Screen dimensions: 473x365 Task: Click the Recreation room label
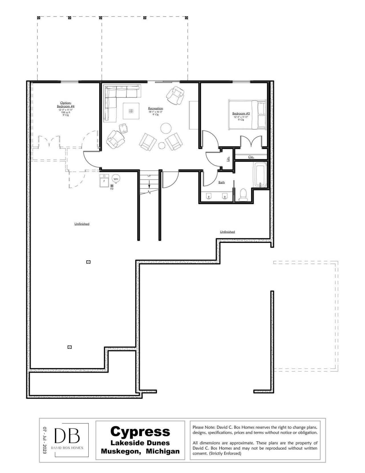click(155, 108)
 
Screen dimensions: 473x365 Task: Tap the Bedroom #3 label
click(241, 114)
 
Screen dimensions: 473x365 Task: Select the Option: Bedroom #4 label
click(66, 104)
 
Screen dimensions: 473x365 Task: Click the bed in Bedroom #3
click(248, 115)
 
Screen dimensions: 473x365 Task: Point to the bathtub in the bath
click(260, 175)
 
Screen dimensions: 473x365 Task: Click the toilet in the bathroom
click(243, 195)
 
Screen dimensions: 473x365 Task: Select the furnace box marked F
click(104, 181)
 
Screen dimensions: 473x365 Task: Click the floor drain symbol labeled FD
click(112, 186)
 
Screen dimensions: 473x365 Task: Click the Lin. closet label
click(228, 159)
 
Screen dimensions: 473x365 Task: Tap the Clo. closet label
click(251, 157)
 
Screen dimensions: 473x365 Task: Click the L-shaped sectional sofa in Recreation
click(113, 98)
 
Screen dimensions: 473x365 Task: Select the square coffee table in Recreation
click(131, 111)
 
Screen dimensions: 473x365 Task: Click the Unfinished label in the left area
click(82, 224)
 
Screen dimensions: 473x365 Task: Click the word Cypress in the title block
click(140, 431)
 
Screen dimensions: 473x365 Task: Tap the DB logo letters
click(67, 436)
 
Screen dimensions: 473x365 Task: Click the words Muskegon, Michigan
click(140, 451)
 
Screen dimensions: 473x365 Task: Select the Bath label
click(222, 182)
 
